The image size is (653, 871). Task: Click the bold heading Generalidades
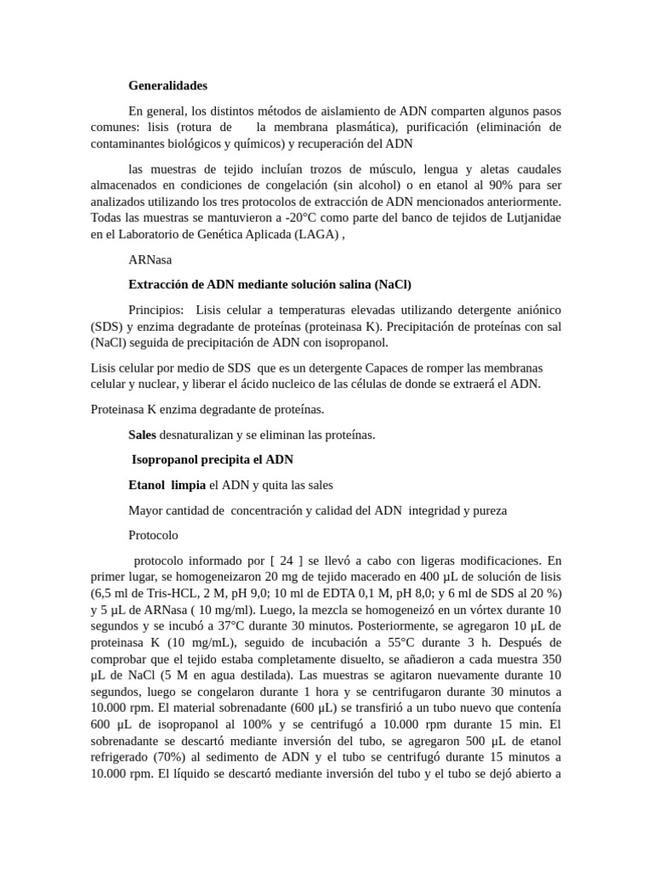[x=168, y=86]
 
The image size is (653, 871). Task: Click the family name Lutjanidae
[x=529, y=218]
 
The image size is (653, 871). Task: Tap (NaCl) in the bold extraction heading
[x=401, y=284]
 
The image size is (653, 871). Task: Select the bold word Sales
[x=143, y=435]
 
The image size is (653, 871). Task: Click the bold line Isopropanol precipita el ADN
[x=212, y=459]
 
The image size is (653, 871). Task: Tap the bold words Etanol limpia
[x=167, y=485]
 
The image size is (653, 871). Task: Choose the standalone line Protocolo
[x=153, y=535]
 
